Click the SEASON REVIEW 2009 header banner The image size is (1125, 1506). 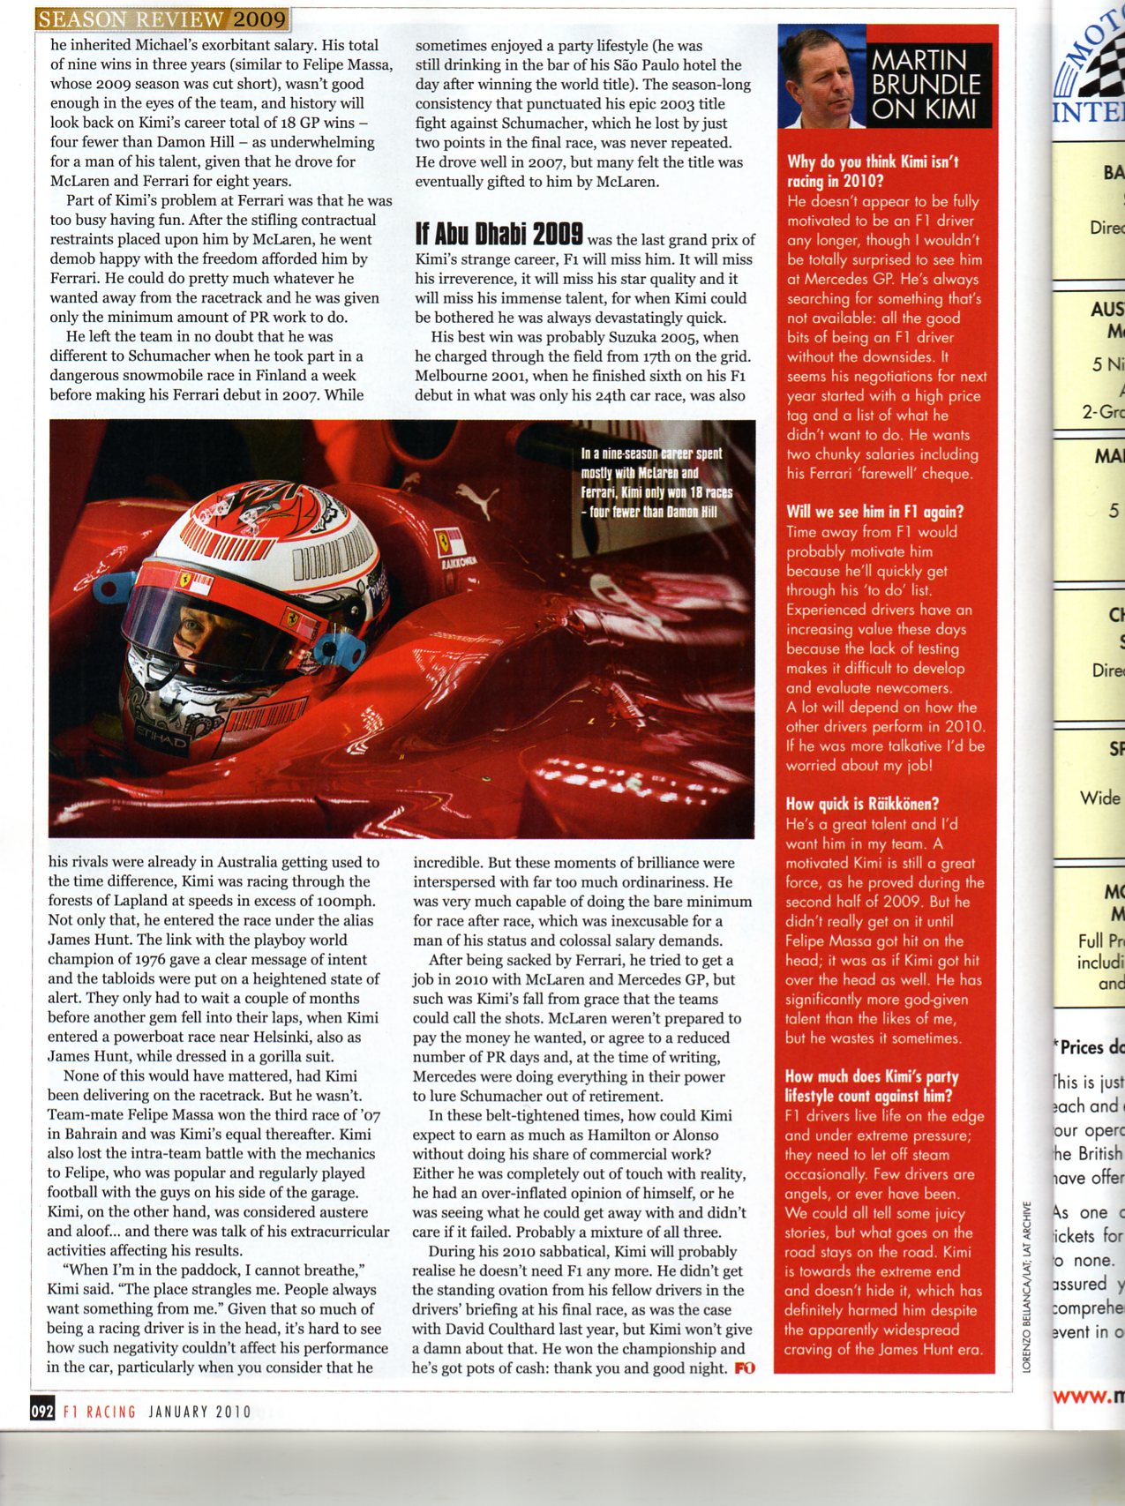(x=161, y=19)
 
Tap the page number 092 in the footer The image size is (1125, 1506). (x=42, y=1411)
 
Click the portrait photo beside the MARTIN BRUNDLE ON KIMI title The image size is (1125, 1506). (x=821, y=77)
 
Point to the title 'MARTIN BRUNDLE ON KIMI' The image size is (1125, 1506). (x=926, y=85)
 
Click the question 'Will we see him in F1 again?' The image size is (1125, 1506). (x=874, y=512)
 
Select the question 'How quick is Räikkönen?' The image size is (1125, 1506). (x=862, y=804)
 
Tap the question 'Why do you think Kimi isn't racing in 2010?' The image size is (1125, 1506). (x=873, y=171)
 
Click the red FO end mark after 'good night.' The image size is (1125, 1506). (x=745, y=1368)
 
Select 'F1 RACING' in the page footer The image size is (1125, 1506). (x=99, y=1412)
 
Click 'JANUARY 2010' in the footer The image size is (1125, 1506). (x=199, y=1412)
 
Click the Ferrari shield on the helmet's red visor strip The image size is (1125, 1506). (x=184, y=579)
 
